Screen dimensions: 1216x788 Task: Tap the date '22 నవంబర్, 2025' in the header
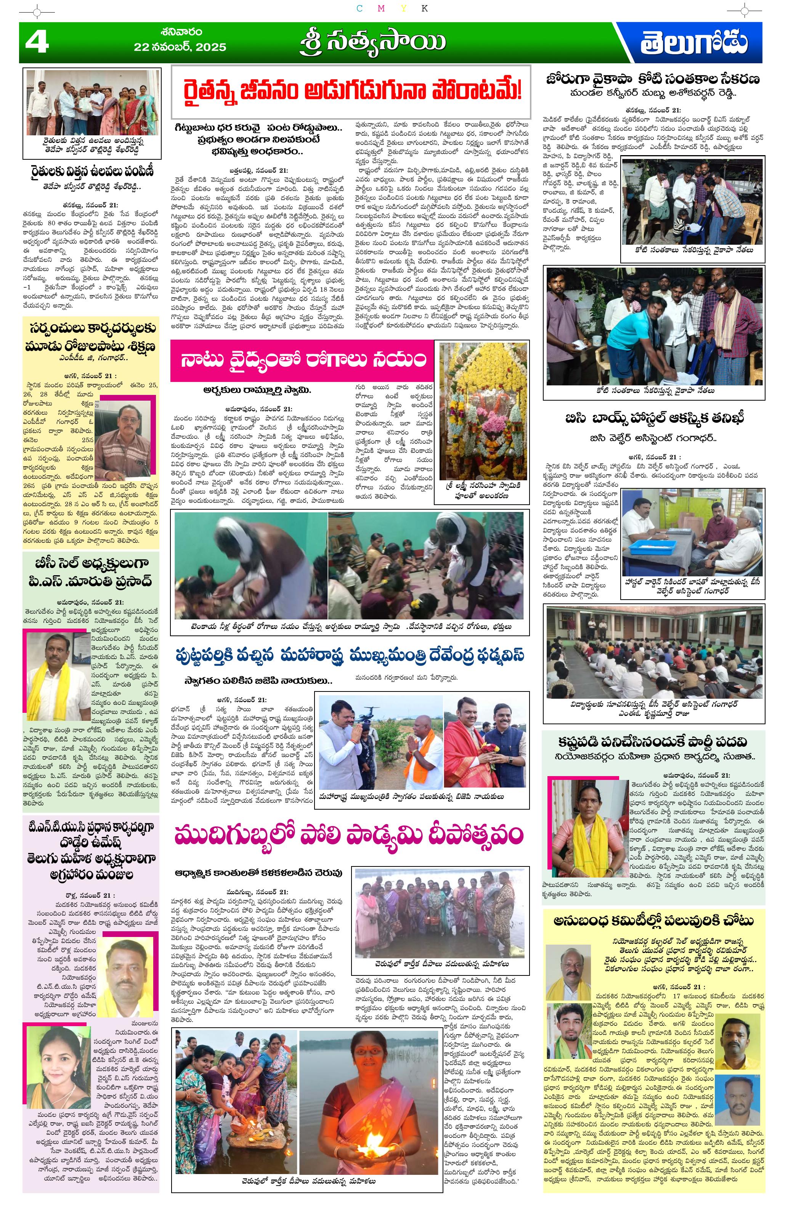click(180, 47)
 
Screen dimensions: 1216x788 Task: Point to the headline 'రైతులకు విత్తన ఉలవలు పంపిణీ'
click(91, 171)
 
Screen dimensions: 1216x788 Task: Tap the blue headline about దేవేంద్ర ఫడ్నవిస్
click(350, 656)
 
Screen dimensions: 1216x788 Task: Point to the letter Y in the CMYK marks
click(404, 8)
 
